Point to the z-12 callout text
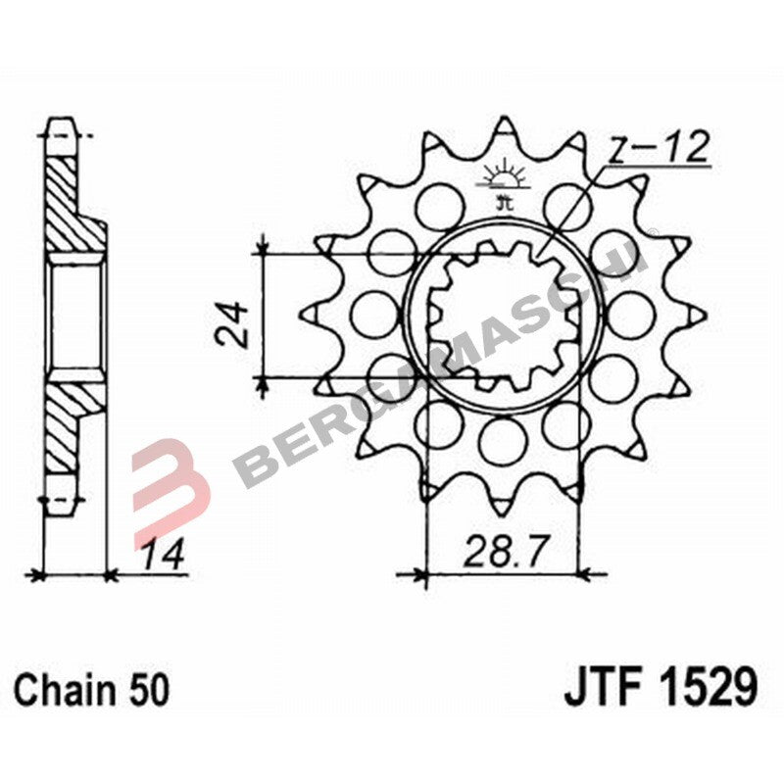[x=658, y=151]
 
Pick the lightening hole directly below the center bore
[x=504, y=437]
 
